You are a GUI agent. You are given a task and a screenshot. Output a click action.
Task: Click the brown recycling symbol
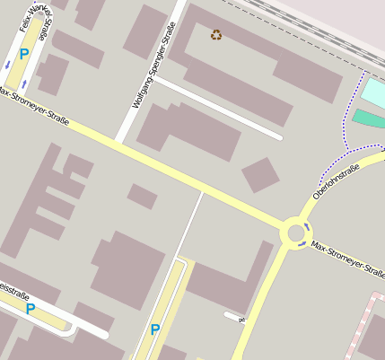click(x=216, y=35)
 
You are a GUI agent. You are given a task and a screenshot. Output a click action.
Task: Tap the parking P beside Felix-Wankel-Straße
click(x=24, y=54)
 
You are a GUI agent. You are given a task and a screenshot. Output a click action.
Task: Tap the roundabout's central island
click(x=294, y=233)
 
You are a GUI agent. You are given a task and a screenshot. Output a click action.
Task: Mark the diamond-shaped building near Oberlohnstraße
click(x=260, y=174)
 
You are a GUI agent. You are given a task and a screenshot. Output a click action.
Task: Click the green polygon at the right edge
click(x=368, y=119)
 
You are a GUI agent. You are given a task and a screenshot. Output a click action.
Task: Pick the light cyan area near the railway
click(x=372, y=92)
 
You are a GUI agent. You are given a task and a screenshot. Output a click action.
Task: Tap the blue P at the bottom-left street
click(x=31, y=309)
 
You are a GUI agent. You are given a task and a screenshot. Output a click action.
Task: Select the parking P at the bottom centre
click(x=155, y=329)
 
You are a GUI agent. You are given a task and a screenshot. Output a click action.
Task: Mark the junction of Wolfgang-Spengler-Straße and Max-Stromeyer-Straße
click(x=117, y=142)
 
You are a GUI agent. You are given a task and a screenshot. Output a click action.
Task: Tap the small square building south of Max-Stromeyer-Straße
click(x=142, y=196)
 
